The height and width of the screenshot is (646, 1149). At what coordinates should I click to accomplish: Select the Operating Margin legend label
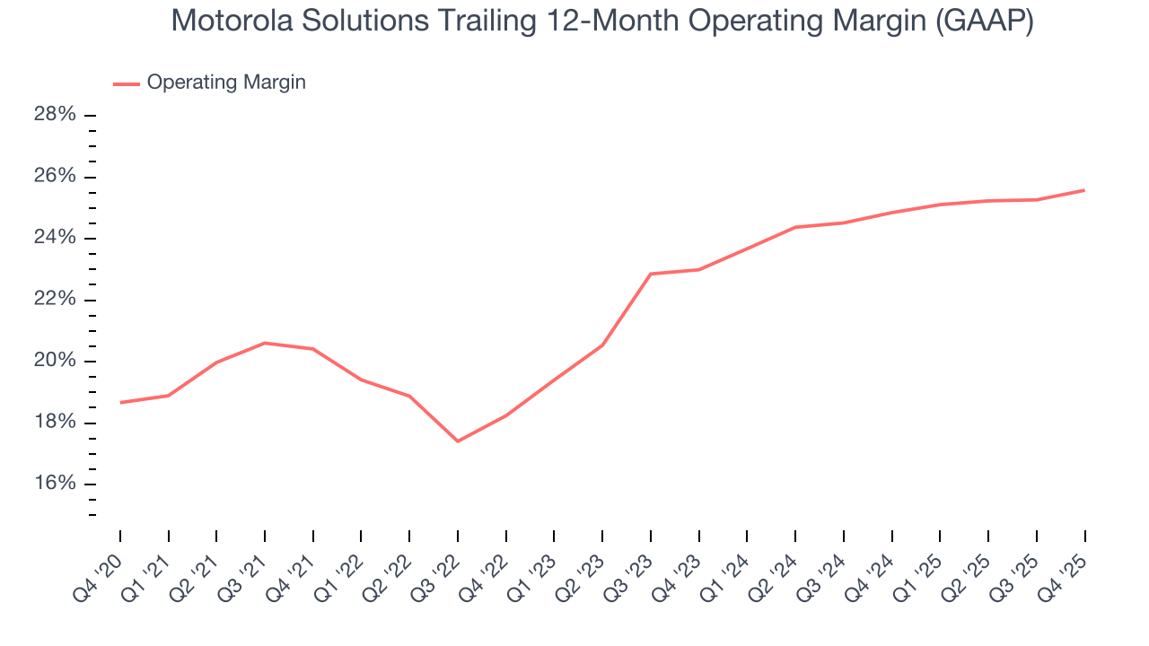[x=226, y=83]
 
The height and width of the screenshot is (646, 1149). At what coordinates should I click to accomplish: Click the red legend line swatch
[x=127, y=83]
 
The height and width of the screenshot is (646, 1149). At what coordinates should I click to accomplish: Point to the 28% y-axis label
[x=56, y=115]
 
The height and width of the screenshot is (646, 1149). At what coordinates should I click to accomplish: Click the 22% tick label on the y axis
[x=56, y=300]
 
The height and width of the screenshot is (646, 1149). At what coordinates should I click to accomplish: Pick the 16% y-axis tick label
[x=56, y=484]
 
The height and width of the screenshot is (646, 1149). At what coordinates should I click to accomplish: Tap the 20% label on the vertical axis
[x=56, y=361]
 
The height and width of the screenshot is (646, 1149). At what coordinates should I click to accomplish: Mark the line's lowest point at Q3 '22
[x=458, y=441]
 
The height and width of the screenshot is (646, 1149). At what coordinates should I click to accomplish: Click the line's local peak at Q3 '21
[x=265, y=343]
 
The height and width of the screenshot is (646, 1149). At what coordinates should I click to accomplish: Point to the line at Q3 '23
[x=651, y=274]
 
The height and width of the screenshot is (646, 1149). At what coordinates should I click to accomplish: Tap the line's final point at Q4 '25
[x=1084, y=190]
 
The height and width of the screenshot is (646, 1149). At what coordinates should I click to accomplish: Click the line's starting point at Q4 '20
[x=120, y=402]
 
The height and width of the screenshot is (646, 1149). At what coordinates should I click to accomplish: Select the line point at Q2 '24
[x=795, y=227]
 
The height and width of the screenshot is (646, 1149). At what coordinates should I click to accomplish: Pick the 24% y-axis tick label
[x=56, y=238]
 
